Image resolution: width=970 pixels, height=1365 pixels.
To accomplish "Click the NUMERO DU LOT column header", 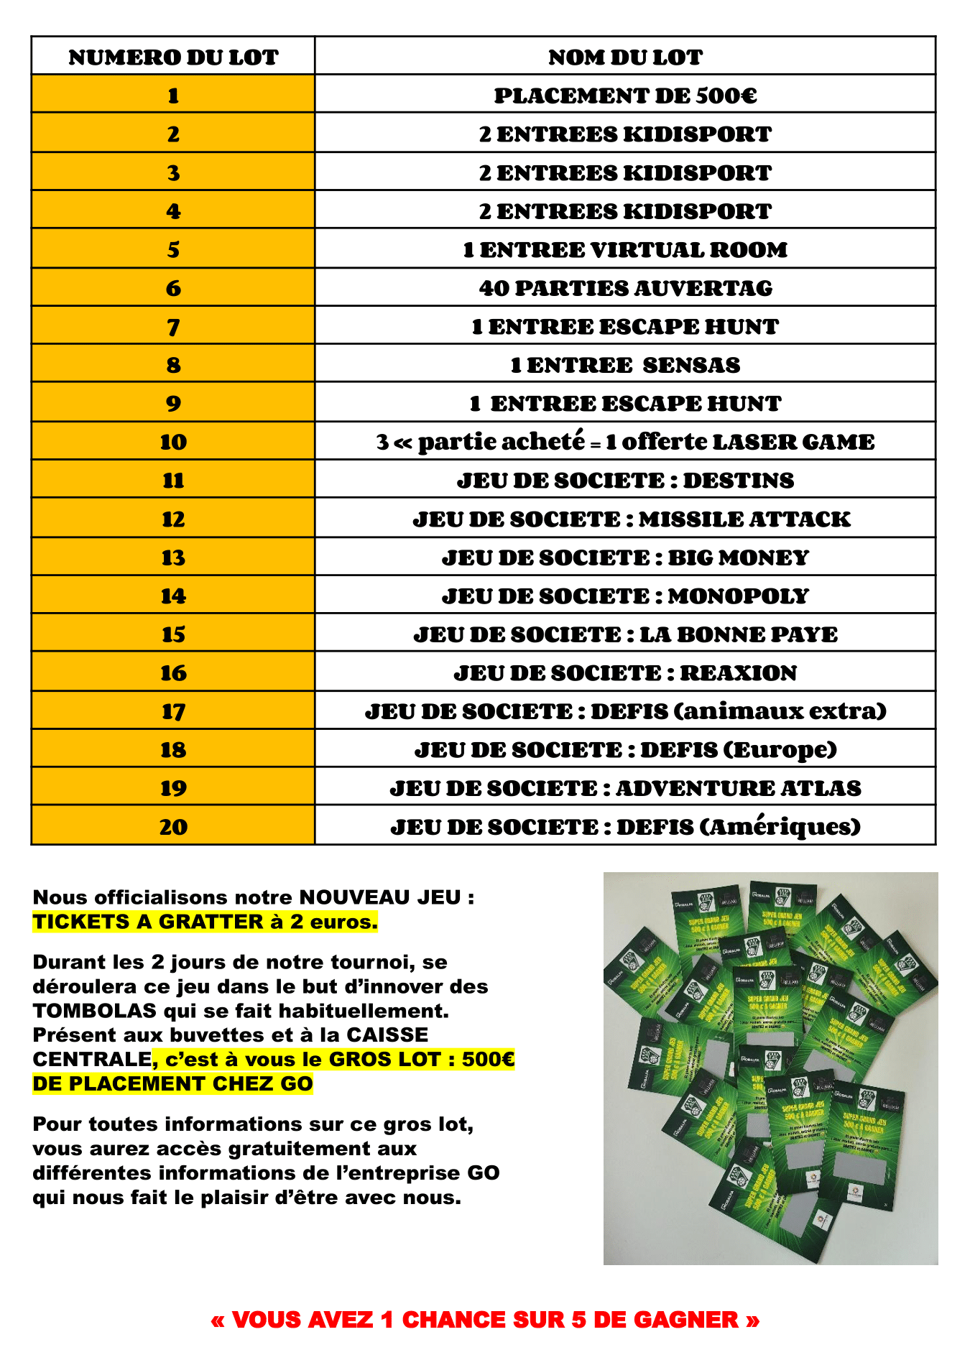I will click(x=173, y=57).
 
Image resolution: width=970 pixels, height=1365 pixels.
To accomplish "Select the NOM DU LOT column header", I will click(x=625, y=57).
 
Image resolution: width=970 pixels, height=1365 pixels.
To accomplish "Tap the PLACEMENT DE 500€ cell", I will click(x=625, y=96).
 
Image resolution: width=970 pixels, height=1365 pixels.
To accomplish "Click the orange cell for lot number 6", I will click(x=173, y=288).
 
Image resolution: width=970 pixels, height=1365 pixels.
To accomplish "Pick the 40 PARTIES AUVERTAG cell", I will click(x=625, y=288).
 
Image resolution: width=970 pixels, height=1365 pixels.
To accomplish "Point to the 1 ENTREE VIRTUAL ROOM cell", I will click(x=625, y=250).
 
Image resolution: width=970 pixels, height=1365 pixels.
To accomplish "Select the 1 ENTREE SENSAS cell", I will click(x=625, y=365).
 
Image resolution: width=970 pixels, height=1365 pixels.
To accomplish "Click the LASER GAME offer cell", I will click(x=625, y=442).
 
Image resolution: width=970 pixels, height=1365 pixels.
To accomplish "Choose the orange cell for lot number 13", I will click(x=173, y=557).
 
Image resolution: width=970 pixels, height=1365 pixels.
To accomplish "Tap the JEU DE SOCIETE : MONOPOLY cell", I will click(x=625, y=596).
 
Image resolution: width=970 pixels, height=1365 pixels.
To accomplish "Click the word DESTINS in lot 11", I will click(x=738, y=481).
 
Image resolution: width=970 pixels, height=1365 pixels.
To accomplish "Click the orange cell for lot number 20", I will click(x=173, y=827).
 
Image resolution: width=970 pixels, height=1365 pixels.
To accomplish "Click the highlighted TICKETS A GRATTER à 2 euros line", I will click(x=205, y=922).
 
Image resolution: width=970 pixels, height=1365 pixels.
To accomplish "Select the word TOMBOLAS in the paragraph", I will click(x=94, y=1011).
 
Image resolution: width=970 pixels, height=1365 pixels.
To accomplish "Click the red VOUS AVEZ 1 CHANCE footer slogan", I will click(x=485, y=1320).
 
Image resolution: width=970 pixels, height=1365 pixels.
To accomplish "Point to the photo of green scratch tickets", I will click(x=770, y=1068).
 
